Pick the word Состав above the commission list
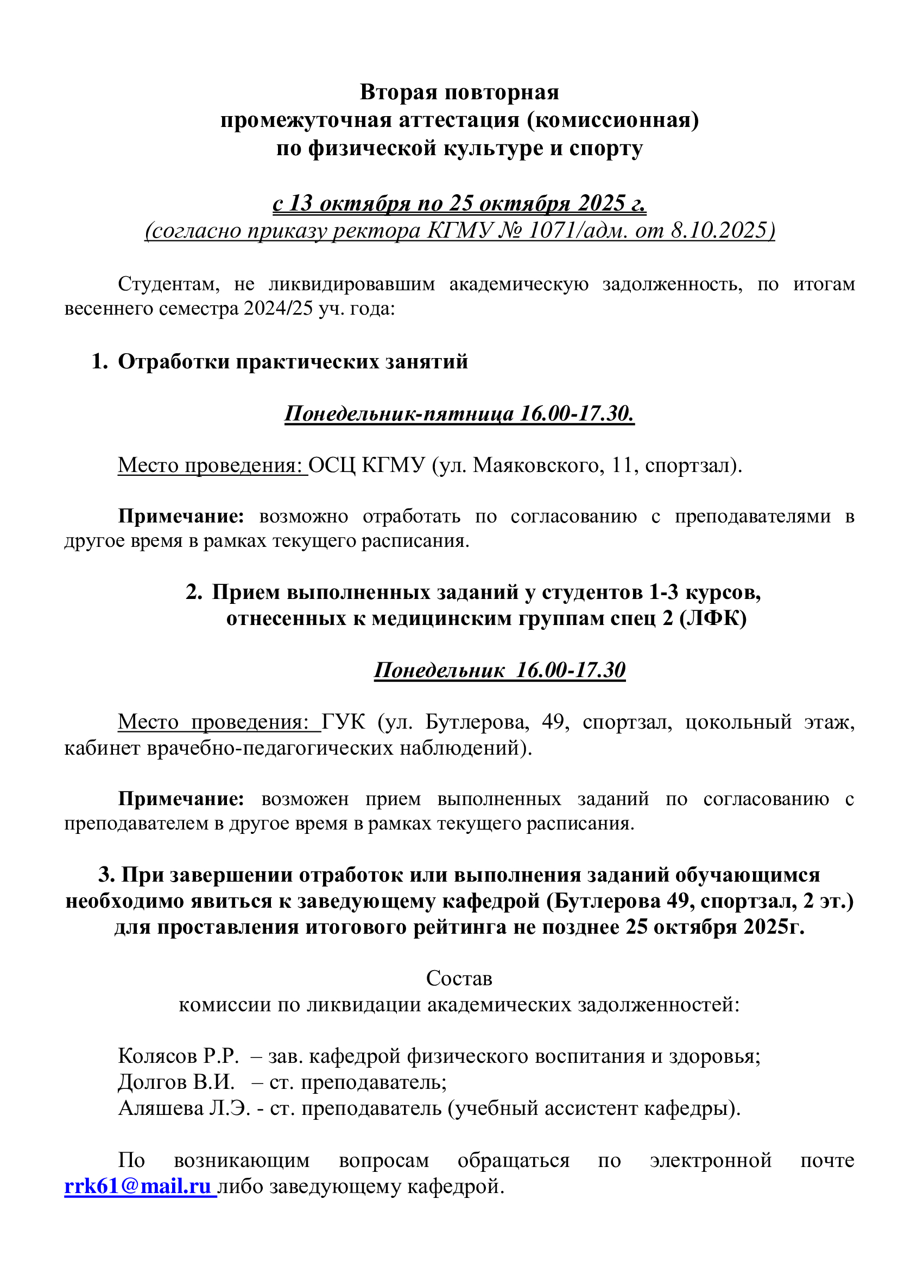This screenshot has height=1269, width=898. (459, 978)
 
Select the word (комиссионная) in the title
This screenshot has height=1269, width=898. (612, 119)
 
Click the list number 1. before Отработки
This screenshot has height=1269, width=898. (99, 361)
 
